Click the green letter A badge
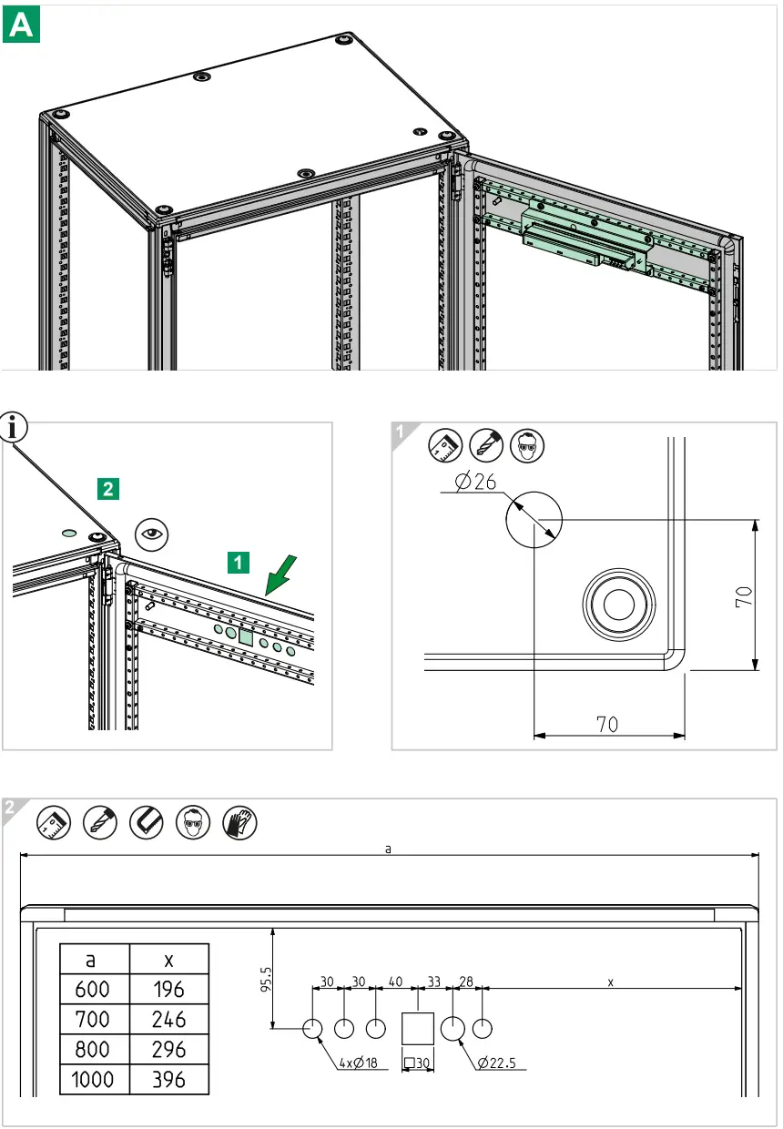(22, 25)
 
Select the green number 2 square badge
(107, 489)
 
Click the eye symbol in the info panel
(152, 534)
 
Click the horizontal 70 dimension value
(607, 724)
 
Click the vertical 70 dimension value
(743, 596)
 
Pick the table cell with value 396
(169, 1080)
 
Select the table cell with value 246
(169, 1020)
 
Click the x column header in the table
(169, 960)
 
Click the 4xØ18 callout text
(360, 1063)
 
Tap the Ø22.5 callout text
(502, 1063)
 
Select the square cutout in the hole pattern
(418, 1029)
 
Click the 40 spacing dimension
(395, 982)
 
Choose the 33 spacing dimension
(435, 982)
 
